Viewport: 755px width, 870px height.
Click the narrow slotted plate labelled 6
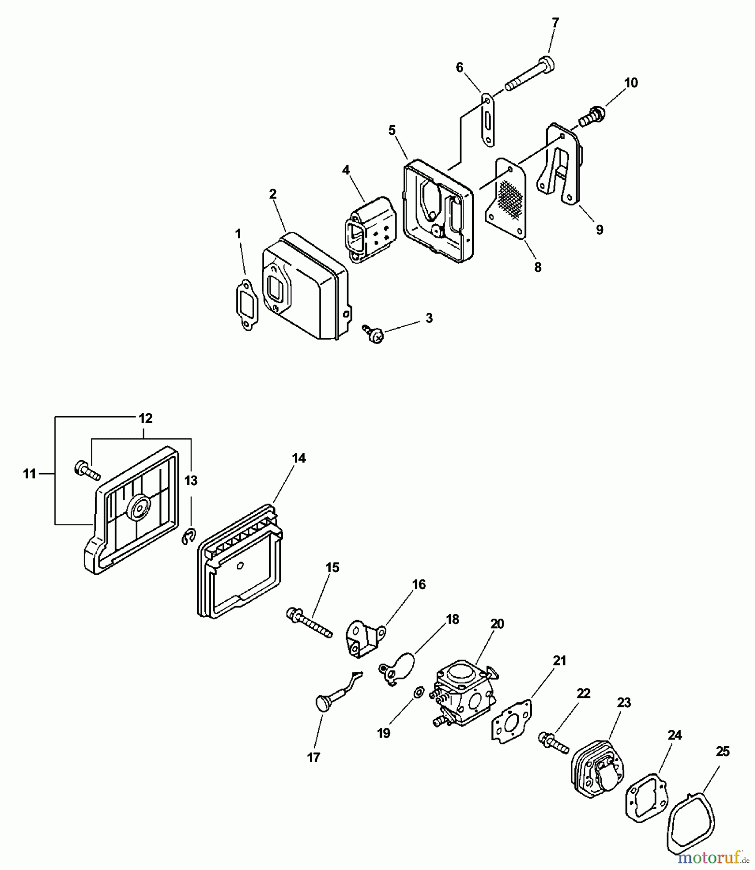coord(487,119)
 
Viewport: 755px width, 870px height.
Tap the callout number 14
coord(299,458)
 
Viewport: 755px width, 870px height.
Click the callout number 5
coord(392,130)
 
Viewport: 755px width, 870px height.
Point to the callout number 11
coord(29,474)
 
